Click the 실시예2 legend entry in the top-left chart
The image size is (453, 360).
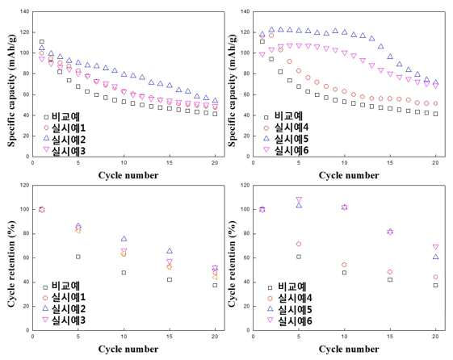coord(65,140)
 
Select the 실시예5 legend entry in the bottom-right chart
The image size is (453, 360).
coord(290,309)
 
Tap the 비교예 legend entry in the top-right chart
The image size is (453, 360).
coord(283,116)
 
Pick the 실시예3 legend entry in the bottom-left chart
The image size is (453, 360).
coord(65,320)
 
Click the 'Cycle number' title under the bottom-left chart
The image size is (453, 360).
coord(128,349)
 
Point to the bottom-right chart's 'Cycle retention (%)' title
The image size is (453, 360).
coord(232,264)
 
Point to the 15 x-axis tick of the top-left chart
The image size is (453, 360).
coord(170,162)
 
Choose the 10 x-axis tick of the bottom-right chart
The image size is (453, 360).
coord(344,337)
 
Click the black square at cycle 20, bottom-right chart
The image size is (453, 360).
coord(435,285)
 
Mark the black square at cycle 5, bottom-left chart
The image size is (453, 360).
coord(78,257)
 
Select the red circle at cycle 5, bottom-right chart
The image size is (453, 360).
coord(299,244)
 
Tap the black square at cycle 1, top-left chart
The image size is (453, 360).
coord(42,42)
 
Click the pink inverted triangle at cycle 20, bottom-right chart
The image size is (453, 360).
coord(435,247)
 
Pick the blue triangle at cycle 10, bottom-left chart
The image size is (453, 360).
coord(124,238)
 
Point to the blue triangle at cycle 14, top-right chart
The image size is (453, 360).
coord(380,46)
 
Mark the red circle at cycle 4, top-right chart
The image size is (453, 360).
coord(289,61)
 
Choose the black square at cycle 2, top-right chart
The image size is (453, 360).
coord(271,59)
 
